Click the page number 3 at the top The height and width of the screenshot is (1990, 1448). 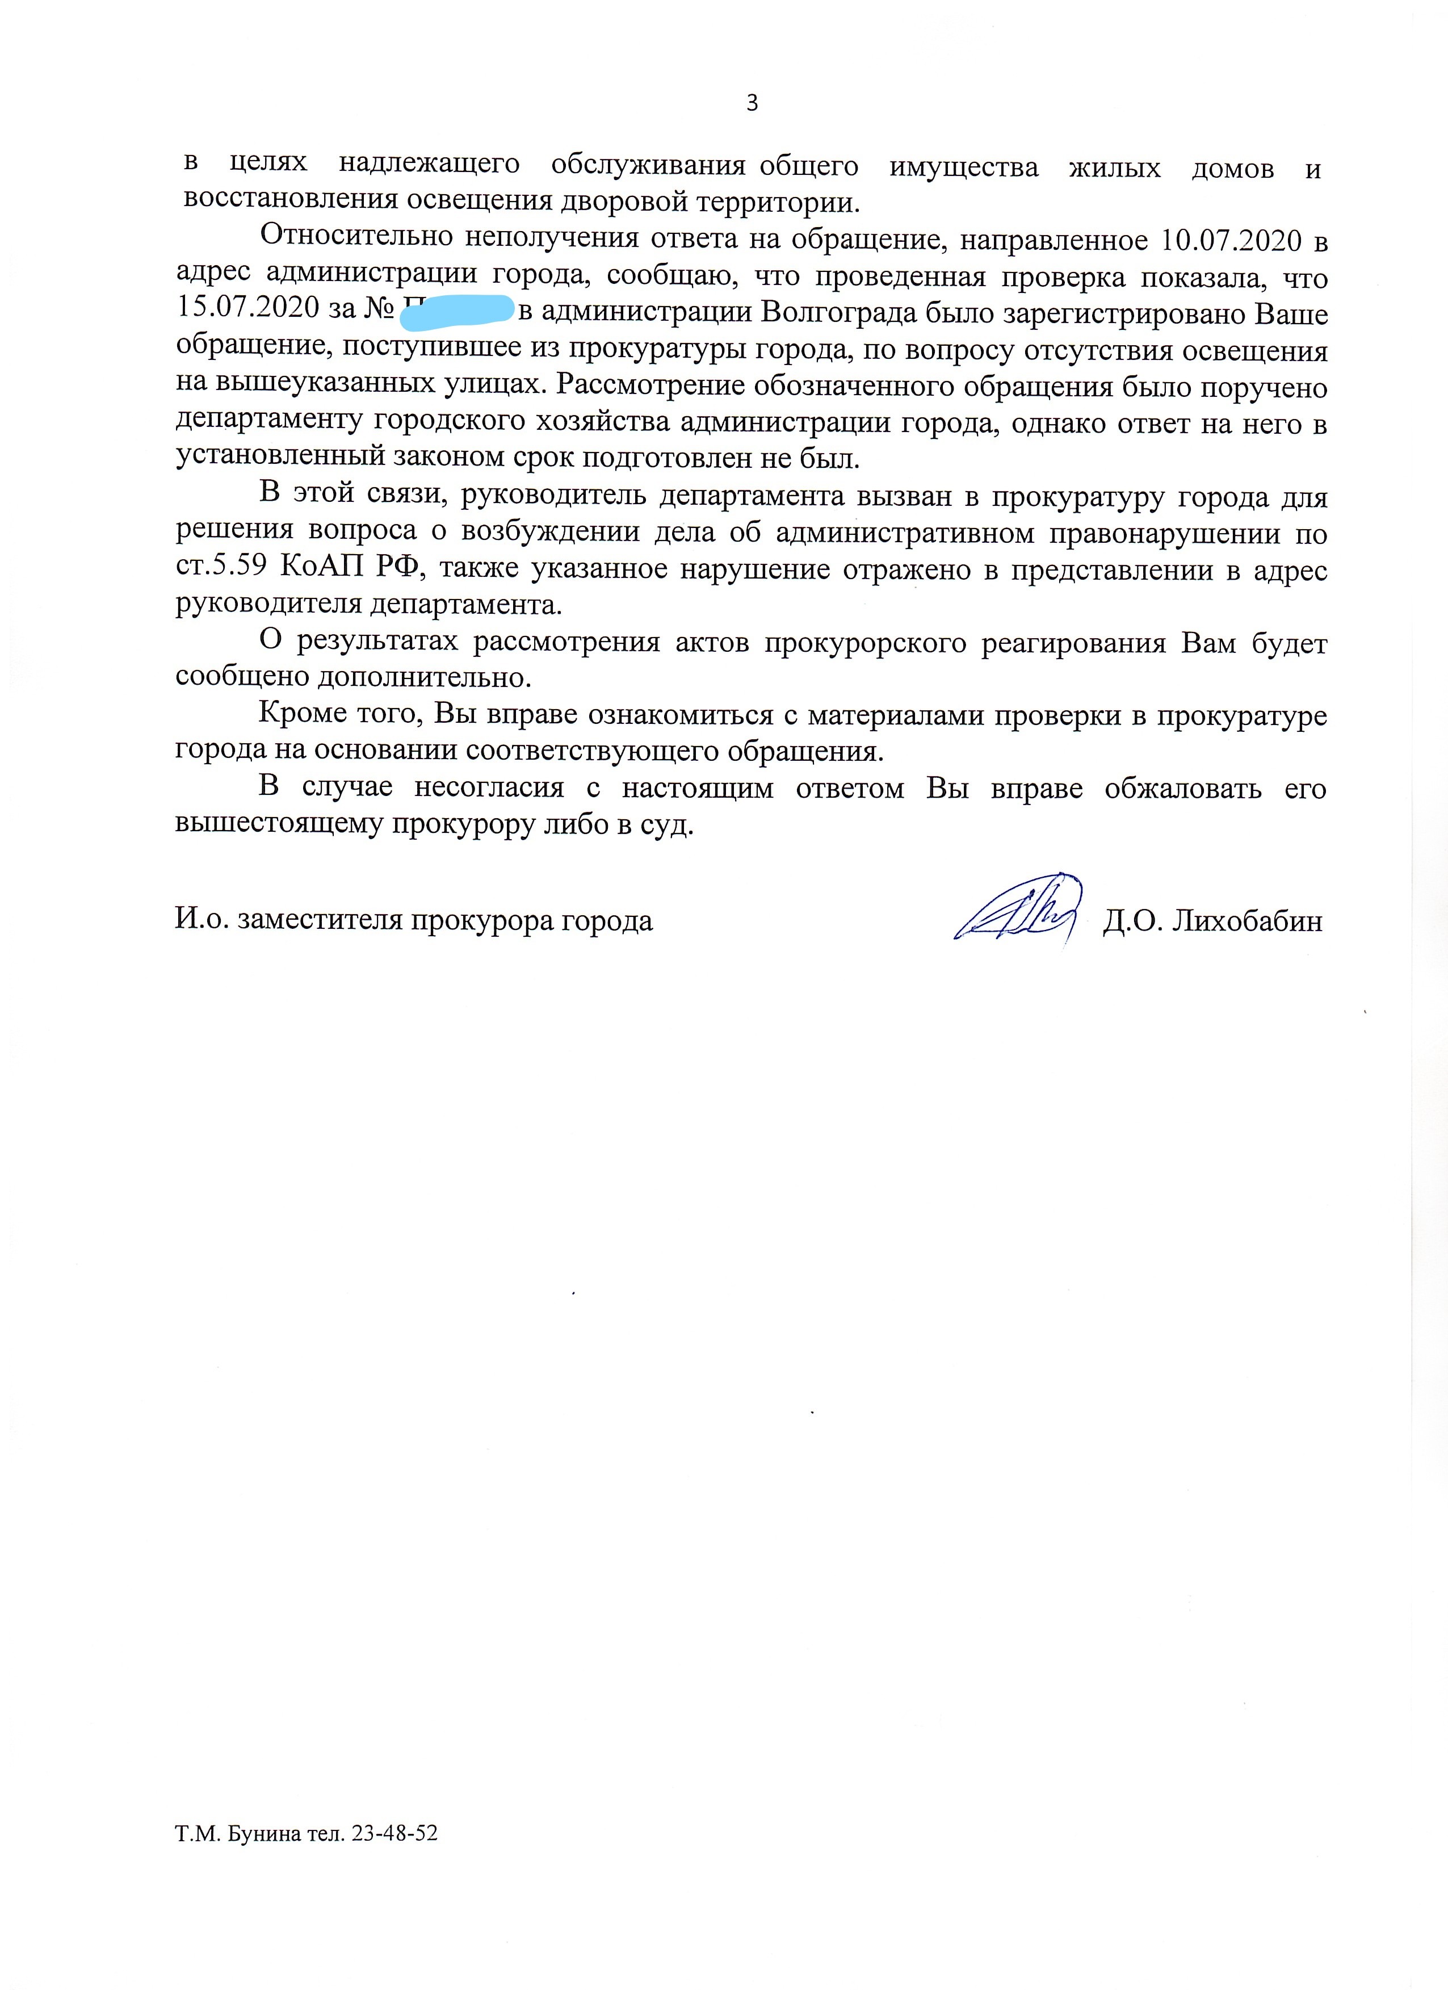point(752,103)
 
